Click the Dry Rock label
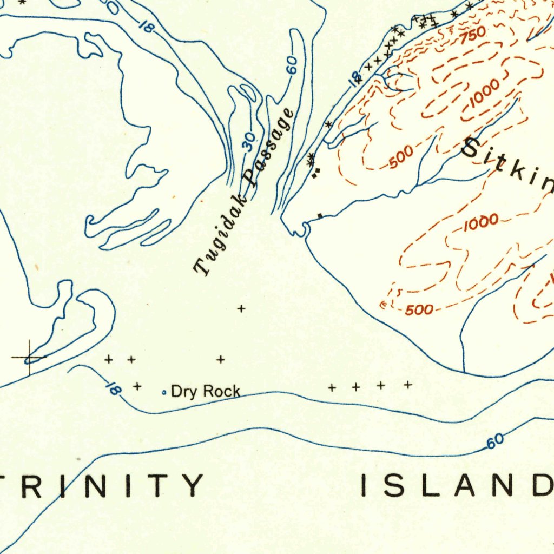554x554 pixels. coord(205,392)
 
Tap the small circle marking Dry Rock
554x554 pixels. coord(164,393)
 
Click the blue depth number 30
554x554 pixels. coord(248,142)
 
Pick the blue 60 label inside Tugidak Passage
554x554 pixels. coord(292,65)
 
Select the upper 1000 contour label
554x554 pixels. coord(484,96)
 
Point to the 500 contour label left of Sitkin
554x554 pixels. coord(401,157)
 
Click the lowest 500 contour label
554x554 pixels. coord(419,309)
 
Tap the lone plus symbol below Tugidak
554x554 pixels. coord(241,309)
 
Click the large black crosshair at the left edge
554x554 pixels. coord(29,357)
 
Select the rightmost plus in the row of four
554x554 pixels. coord(408,385)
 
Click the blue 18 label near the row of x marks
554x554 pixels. coord(355,79)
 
